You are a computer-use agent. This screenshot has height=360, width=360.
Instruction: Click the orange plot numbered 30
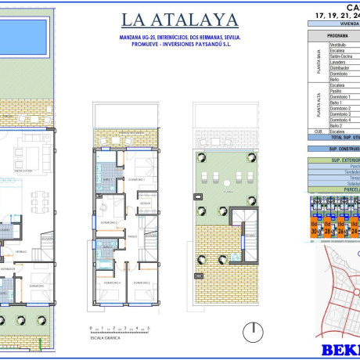tap(315, 231)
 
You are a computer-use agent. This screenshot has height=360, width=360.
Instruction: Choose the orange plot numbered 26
tap(343, 231)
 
